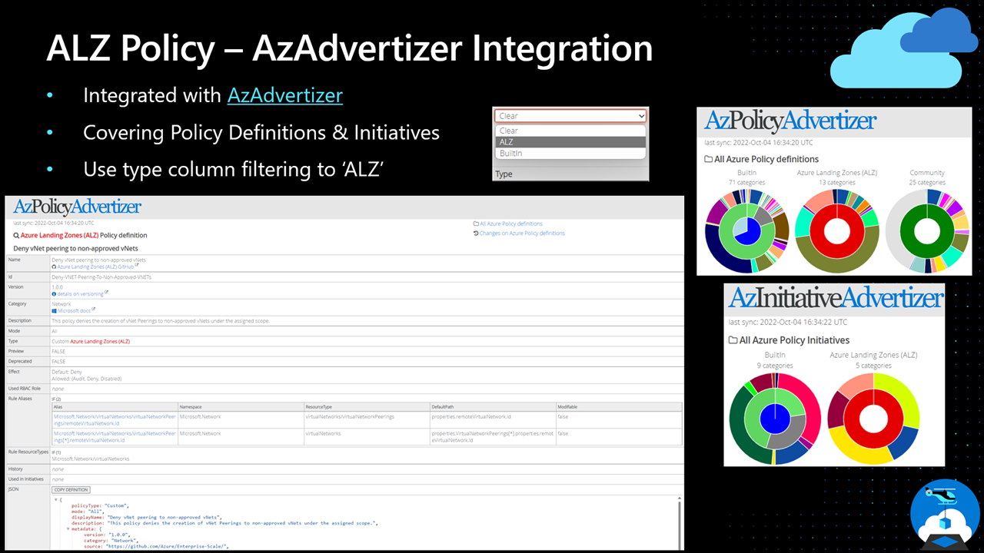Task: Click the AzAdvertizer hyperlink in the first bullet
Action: [x=285, y=95]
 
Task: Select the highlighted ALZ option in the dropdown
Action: [x=570, y=142]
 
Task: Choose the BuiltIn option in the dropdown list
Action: [x=570, y=154]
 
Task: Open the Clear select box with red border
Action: [x=570, y=116]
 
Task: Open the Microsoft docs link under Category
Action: [x=76, y=310]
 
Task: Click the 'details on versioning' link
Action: [x=81, y=293]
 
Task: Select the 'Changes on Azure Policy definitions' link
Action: [x=521, y=233]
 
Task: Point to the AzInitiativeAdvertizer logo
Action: [x=835, y=298]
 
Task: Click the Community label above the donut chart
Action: [x=926, y=173]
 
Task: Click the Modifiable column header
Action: [x=567, y=406]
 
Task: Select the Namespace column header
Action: [x=194, y=406]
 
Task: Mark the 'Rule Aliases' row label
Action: [x=22, y=399]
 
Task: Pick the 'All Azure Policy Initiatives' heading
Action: [x=793, y=340]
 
